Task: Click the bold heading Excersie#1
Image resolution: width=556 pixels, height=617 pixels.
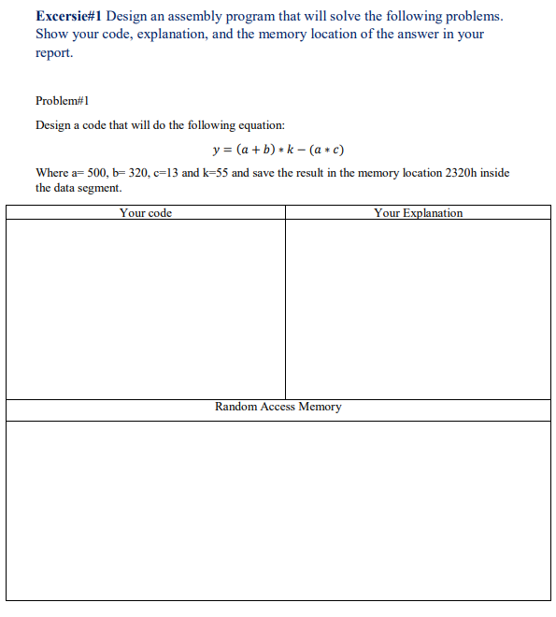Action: (69, 17)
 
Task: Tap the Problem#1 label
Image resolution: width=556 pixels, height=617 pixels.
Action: (62, 100)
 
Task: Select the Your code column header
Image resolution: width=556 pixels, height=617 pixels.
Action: (146, 213)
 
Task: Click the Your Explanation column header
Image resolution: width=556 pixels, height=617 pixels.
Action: (418, 213)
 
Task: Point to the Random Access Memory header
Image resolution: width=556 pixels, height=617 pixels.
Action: (278, 408)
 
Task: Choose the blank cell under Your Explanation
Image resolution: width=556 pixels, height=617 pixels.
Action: (418, 308)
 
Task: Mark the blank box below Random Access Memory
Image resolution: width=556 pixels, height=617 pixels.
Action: (278, 509)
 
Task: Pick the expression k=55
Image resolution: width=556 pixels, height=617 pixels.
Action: (212, 173)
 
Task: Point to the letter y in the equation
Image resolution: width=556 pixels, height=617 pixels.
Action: (216, 150)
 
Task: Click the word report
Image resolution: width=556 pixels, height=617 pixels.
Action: (53, 52)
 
